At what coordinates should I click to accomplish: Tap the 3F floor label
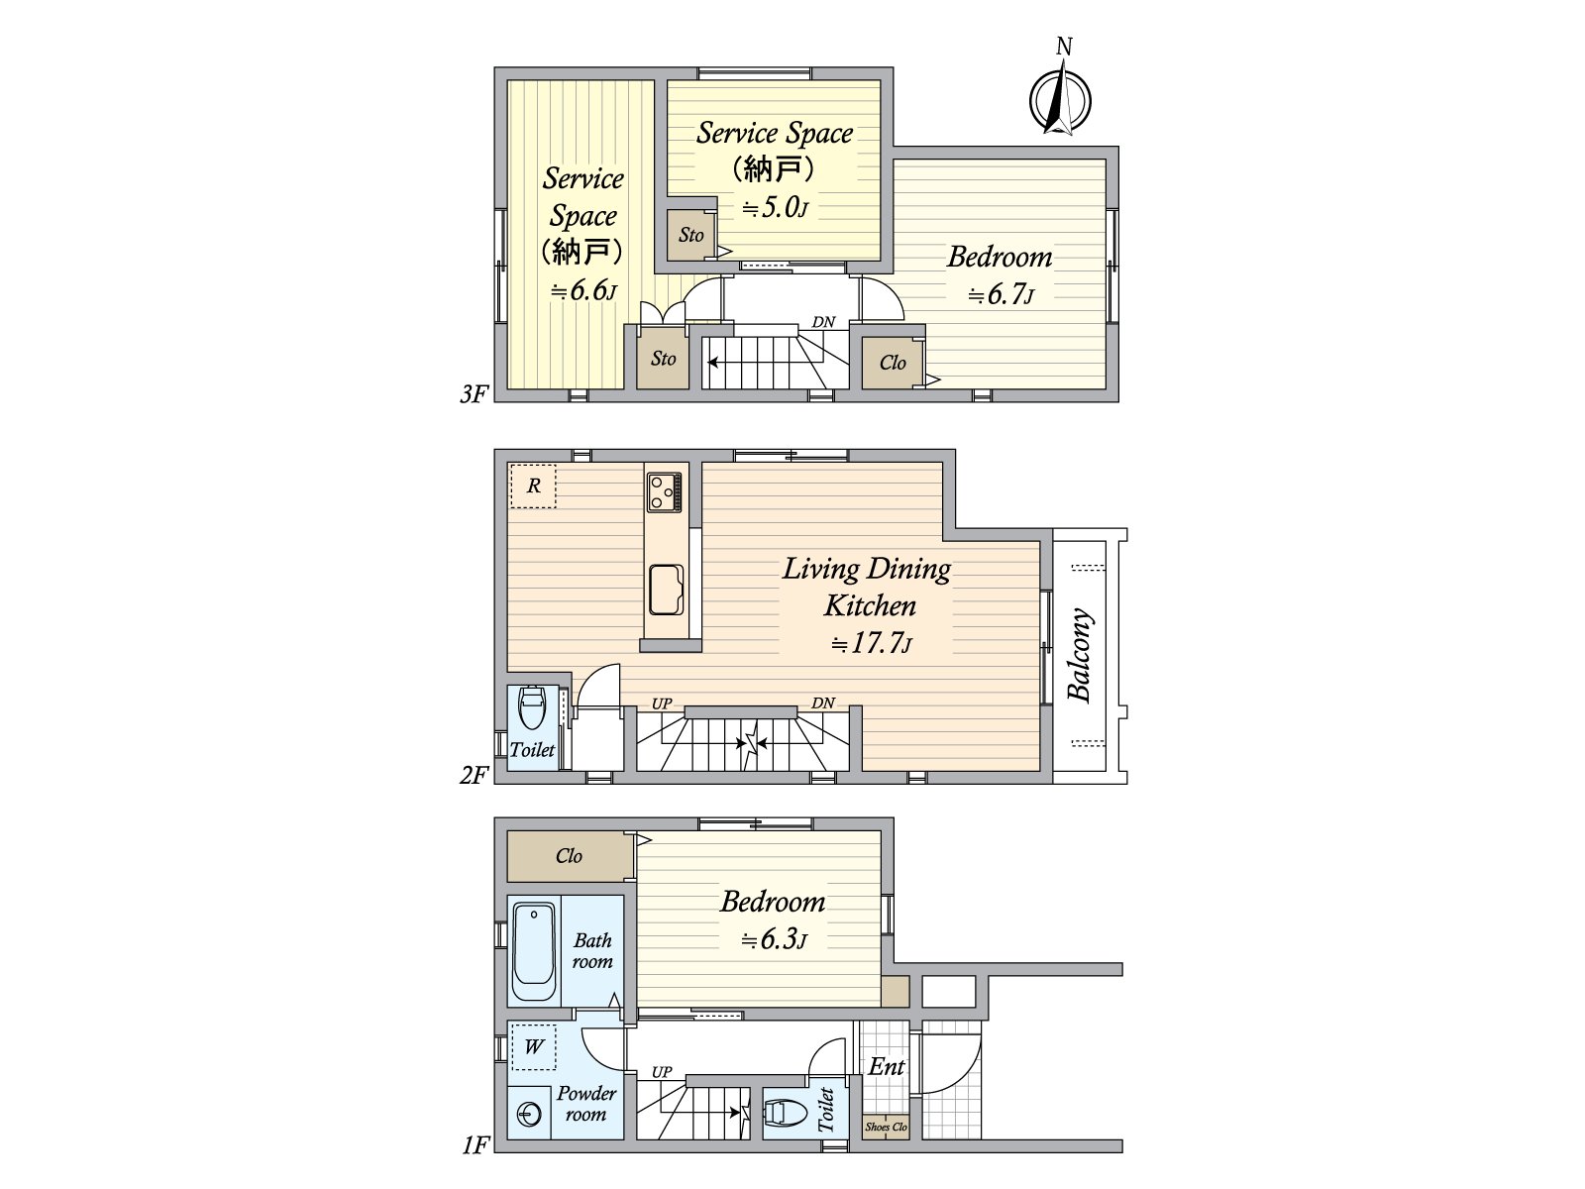[474, 394]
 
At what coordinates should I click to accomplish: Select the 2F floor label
[474, 776]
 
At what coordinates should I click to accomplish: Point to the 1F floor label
[475, 1145]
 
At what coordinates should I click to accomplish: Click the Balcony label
[1080, 656]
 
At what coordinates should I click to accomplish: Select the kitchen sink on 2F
[666, 590]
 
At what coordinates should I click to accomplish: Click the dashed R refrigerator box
[533, 486]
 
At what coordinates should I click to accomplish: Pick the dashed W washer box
[534, 1047]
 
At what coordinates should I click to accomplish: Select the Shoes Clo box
[886, 1128]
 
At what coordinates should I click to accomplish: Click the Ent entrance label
[886, 1067]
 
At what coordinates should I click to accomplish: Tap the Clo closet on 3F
[893, 363]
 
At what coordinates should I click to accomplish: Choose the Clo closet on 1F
[570, 856]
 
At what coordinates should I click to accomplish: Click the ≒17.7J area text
[872, 643]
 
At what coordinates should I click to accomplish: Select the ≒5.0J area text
[775, 208]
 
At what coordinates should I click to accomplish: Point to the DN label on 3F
[823, 322]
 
